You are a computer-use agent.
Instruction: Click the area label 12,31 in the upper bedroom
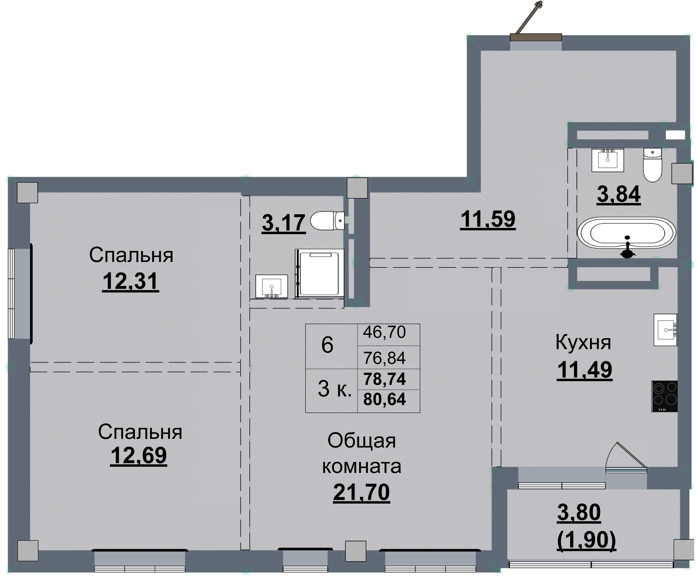coord(130,281)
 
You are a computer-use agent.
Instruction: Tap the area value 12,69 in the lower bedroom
coord(138,455)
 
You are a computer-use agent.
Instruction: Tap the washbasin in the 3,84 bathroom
coord(607,160)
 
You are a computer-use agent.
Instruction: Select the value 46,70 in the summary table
coord(384,332)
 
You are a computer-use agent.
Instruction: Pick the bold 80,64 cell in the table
coord(384,399)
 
